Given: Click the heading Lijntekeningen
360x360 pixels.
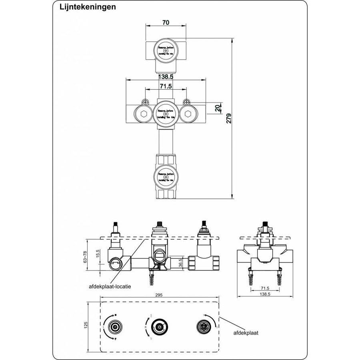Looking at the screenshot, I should (x=82, y=7).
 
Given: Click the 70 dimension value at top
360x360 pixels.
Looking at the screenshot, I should (x=165, y=23).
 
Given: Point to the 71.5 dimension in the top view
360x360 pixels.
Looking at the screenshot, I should (x=166, y=86).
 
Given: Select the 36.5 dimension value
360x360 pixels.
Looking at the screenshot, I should (x=180, y=262).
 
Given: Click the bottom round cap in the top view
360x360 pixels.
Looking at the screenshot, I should (x=165, y=174).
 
